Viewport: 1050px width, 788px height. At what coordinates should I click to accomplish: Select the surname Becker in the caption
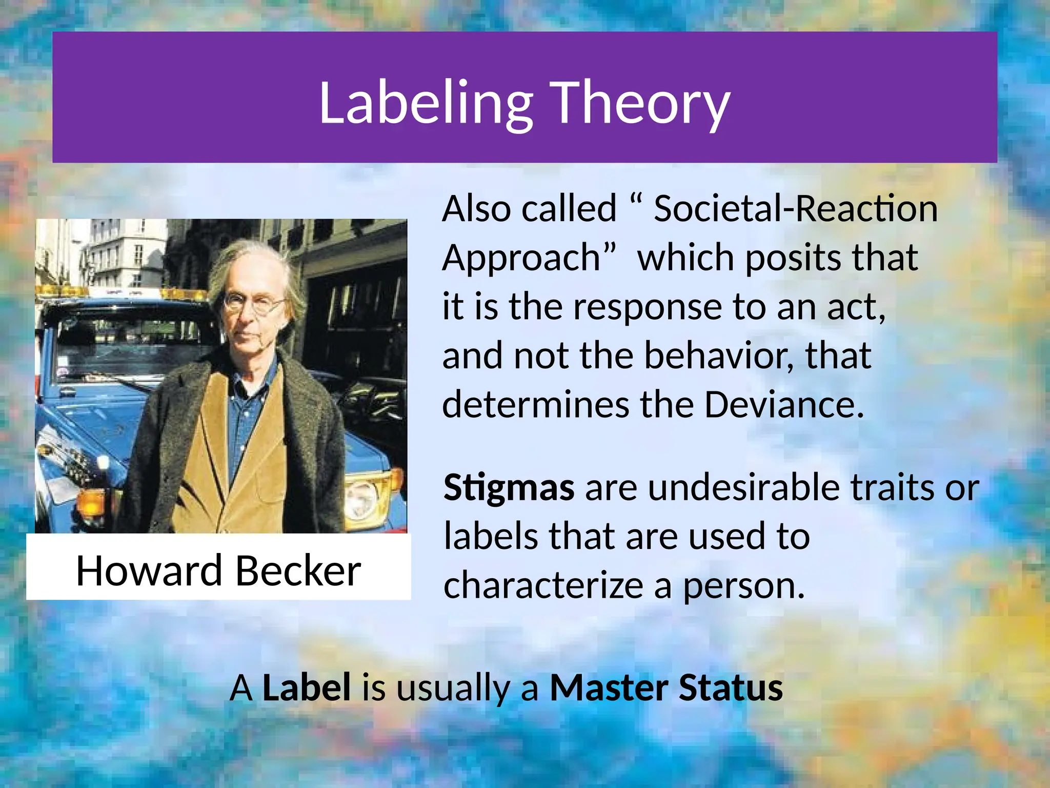[298, 570]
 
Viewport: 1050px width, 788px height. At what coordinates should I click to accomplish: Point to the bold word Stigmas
[509, 487]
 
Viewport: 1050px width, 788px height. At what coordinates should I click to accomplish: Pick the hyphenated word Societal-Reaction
[795, 209]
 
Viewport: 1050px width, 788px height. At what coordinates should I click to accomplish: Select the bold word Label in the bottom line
[307, 687]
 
